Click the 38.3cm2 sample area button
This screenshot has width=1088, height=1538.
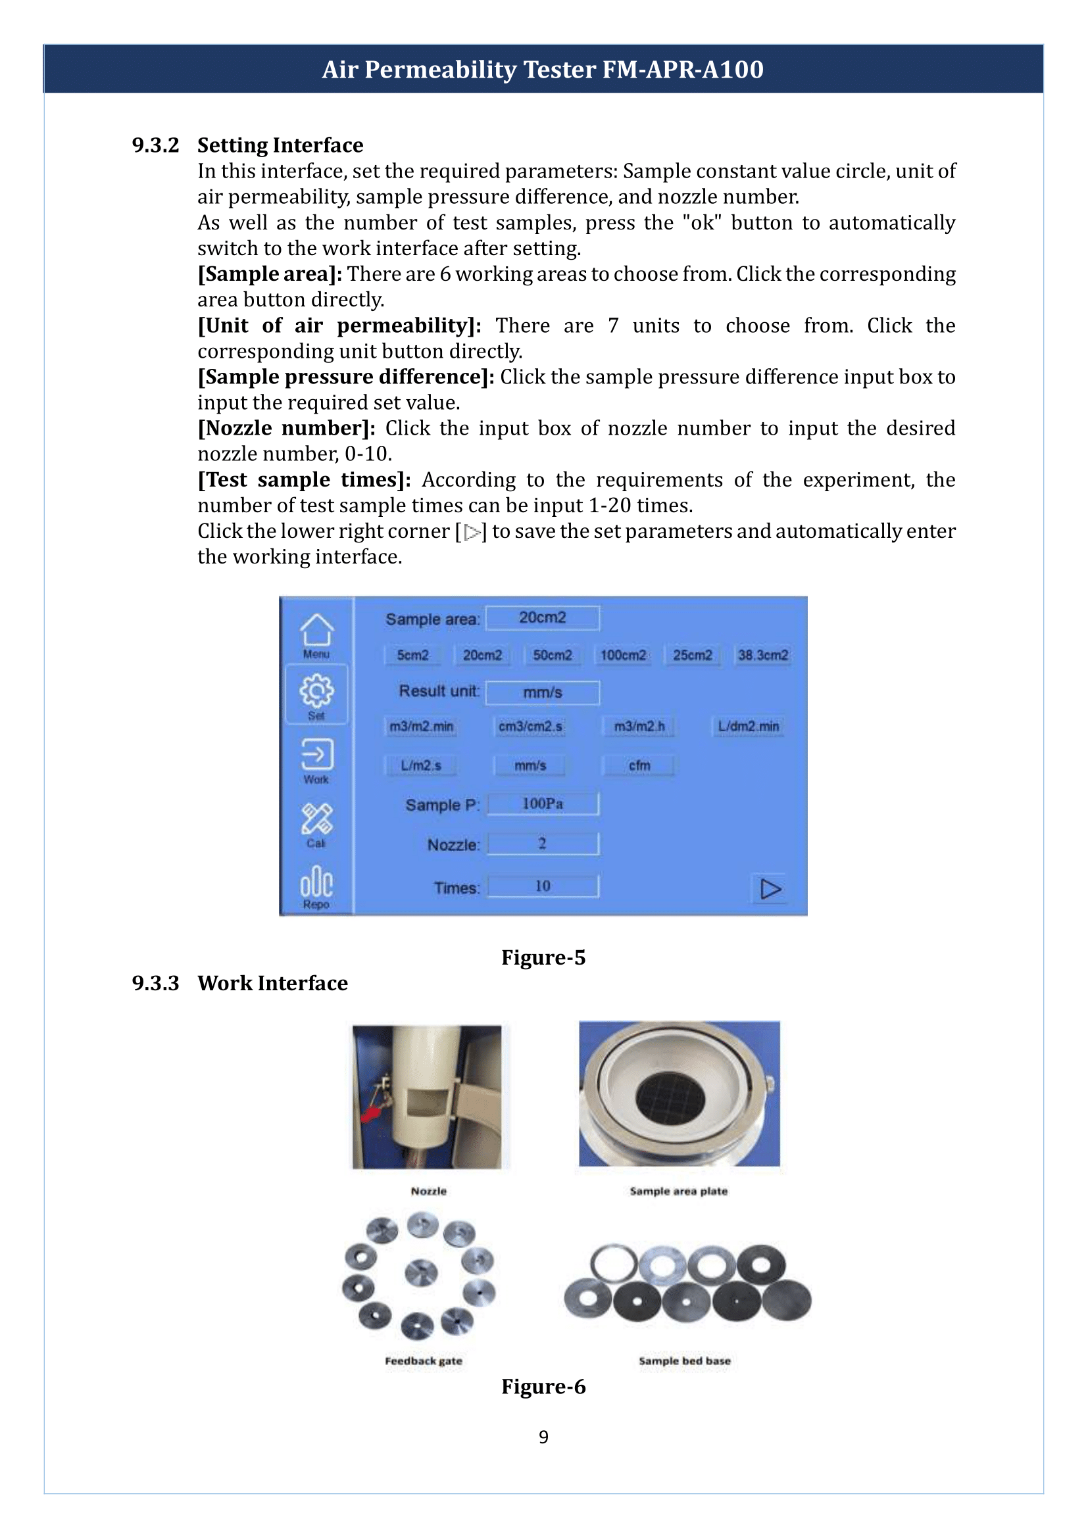pos(762,654)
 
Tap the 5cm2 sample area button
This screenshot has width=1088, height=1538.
pos(412,654)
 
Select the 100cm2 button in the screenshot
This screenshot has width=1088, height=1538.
pos(623,654)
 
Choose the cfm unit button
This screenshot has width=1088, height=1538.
pos(639,765)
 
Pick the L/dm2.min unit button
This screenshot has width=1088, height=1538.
pos(749,726)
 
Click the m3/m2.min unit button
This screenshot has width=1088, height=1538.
pos(422,726)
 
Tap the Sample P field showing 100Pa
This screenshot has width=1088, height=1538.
pos(543,803)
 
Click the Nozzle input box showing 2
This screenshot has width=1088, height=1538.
pos(543,844)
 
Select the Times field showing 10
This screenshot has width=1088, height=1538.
pos(543,886)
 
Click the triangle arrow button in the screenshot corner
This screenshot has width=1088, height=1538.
pos(770,889)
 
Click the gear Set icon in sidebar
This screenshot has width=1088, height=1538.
pos(316,692)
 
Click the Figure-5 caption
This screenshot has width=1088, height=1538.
pos(543,957)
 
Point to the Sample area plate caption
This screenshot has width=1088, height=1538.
pos(678,1190)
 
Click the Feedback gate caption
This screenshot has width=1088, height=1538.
pos(424,1360)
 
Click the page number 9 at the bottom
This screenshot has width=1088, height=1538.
pos(543,1436)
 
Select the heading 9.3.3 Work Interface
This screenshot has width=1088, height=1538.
pos(240,982)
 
